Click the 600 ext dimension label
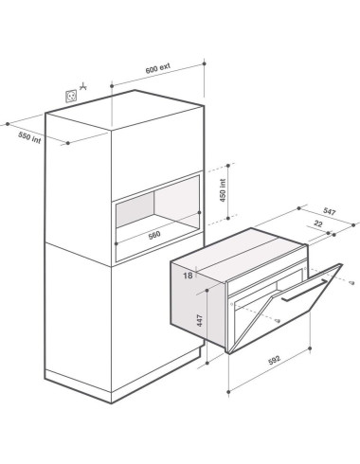coord(157,68)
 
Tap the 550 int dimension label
coord(29,137)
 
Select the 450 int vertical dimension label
coord(223,190)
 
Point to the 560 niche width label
coord(154,235)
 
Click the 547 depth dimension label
coord(329,211)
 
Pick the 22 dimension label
coord(318,223)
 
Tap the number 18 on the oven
coord(188,276)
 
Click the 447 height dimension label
coord(200,320)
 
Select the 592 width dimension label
coord(274,360)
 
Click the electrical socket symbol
coord(71,96)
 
